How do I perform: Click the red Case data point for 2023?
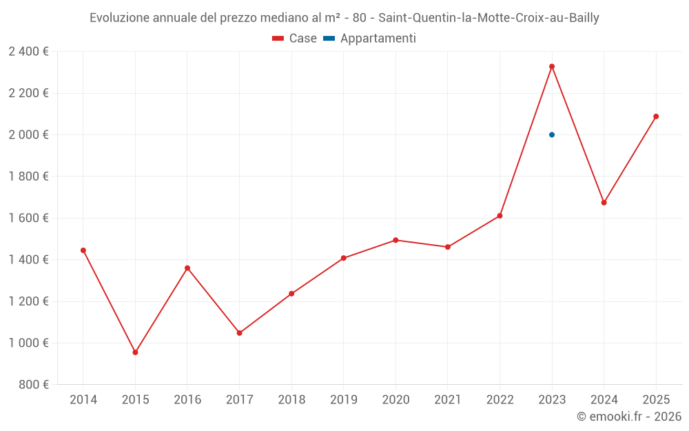552,66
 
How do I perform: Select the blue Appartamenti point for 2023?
552,134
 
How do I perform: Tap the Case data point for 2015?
135,352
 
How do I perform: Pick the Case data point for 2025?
656,117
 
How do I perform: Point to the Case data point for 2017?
239,333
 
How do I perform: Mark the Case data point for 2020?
395,240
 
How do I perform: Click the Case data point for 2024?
604,203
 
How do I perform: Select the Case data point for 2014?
83,250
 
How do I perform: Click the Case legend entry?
294,39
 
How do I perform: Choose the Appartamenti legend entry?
370,39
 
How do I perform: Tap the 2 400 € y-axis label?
28,51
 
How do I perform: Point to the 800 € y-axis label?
33,385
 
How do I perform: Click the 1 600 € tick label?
28,218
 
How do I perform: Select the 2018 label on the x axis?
291,400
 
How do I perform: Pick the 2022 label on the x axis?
500,400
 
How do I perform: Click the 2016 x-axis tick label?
187,400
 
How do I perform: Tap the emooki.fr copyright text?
628,417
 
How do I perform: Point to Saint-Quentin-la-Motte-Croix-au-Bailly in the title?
489,18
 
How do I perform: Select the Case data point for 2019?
343,258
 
